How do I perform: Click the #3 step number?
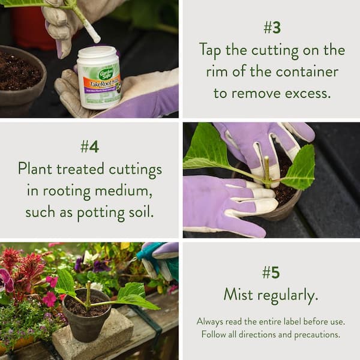(272, 28)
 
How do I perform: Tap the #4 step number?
(90, 147)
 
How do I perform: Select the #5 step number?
(271, 272)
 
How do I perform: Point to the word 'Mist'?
(238, 294)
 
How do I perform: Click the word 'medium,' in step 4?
(124, 191)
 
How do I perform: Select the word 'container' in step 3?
(307, 71)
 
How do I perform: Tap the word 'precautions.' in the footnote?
(317, 335)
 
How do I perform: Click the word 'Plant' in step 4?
(35, 169)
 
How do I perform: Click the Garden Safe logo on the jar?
(106, 73)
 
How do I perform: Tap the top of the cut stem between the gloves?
(266, 158)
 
